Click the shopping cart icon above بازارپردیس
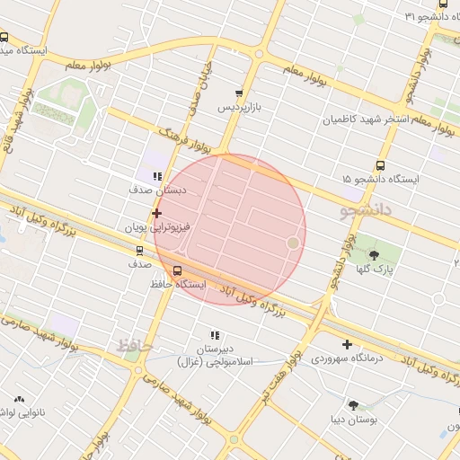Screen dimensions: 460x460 point(238,93)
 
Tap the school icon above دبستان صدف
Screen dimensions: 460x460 point(157,176)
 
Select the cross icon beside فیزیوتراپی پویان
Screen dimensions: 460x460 point(157,213)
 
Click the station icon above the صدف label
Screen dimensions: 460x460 point(138,251)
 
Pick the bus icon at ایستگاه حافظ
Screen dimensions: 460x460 point(176,270)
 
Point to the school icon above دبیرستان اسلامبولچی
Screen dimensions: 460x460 point(215,334)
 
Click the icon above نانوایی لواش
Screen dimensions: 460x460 point(18,398)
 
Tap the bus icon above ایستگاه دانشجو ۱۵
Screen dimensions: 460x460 point(380,165)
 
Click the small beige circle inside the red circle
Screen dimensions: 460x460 point(292,243)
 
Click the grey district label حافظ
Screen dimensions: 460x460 point(135,345)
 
